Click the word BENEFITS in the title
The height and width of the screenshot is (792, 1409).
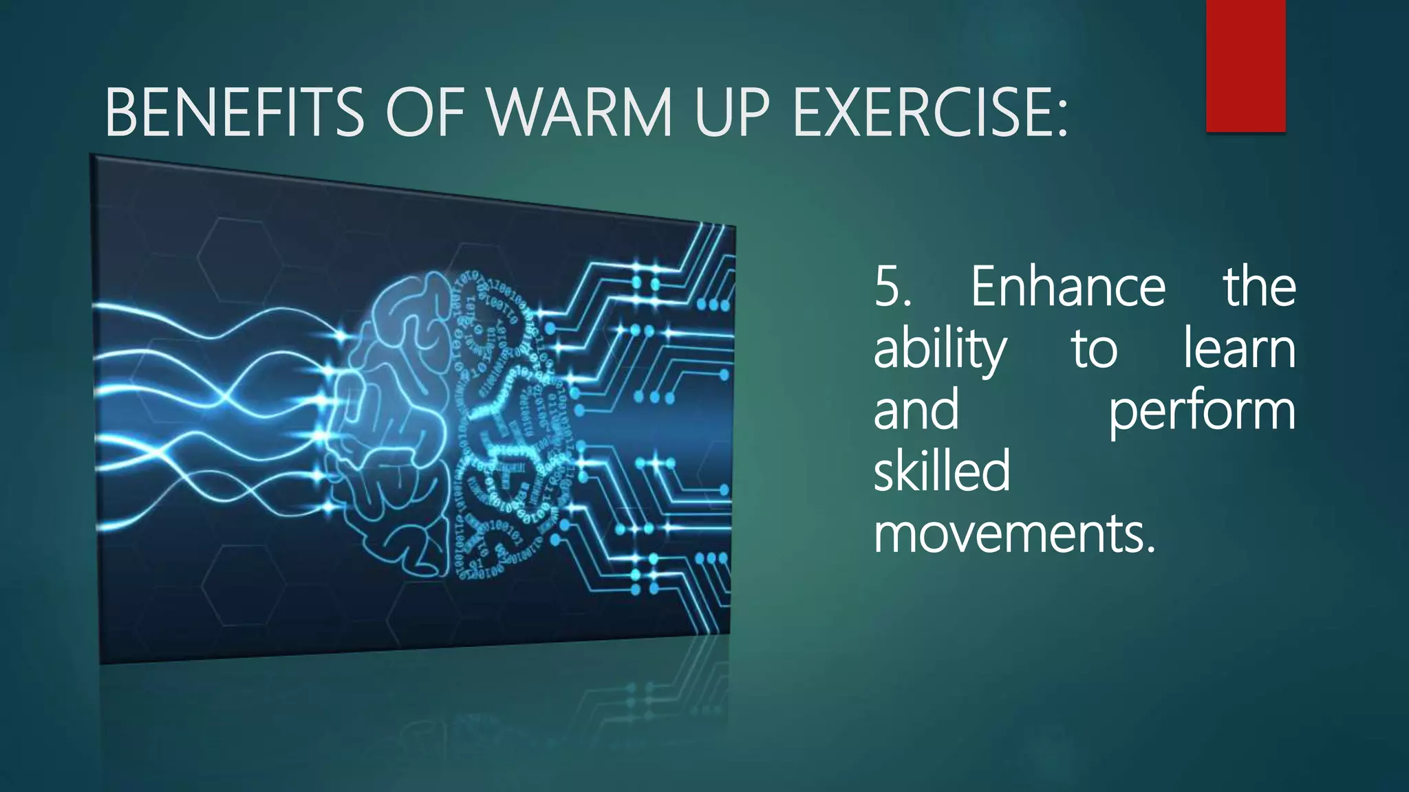click(x=234, y=112)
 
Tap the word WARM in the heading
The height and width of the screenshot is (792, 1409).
click(x=580, y=112)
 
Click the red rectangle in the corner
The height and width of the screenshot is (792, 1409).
click(x=1245, y=65)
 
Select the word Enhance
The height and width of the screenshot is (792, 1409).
click(x=1068, y=287)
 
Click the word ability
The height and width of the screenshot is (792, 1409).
click(x=940, y=349)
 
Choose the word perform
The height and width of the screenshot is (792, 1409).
click(x=1202, y=410)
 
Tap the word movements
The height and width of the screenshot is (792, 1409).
click(x=1014, y=534)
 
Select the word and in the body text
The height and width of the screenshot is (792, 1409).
click(x=916, y=410)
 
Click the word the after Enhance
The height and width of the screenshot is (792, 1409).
click(x=1260, y=287)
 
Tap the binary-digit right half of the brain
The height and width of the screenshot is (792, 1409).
click(x=509, y=426)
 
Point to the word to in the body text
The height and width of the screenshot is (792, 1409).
click(x=1094, y=349)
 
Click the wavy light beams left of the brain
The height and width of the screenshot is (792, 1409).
click(x=206, y=412)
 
